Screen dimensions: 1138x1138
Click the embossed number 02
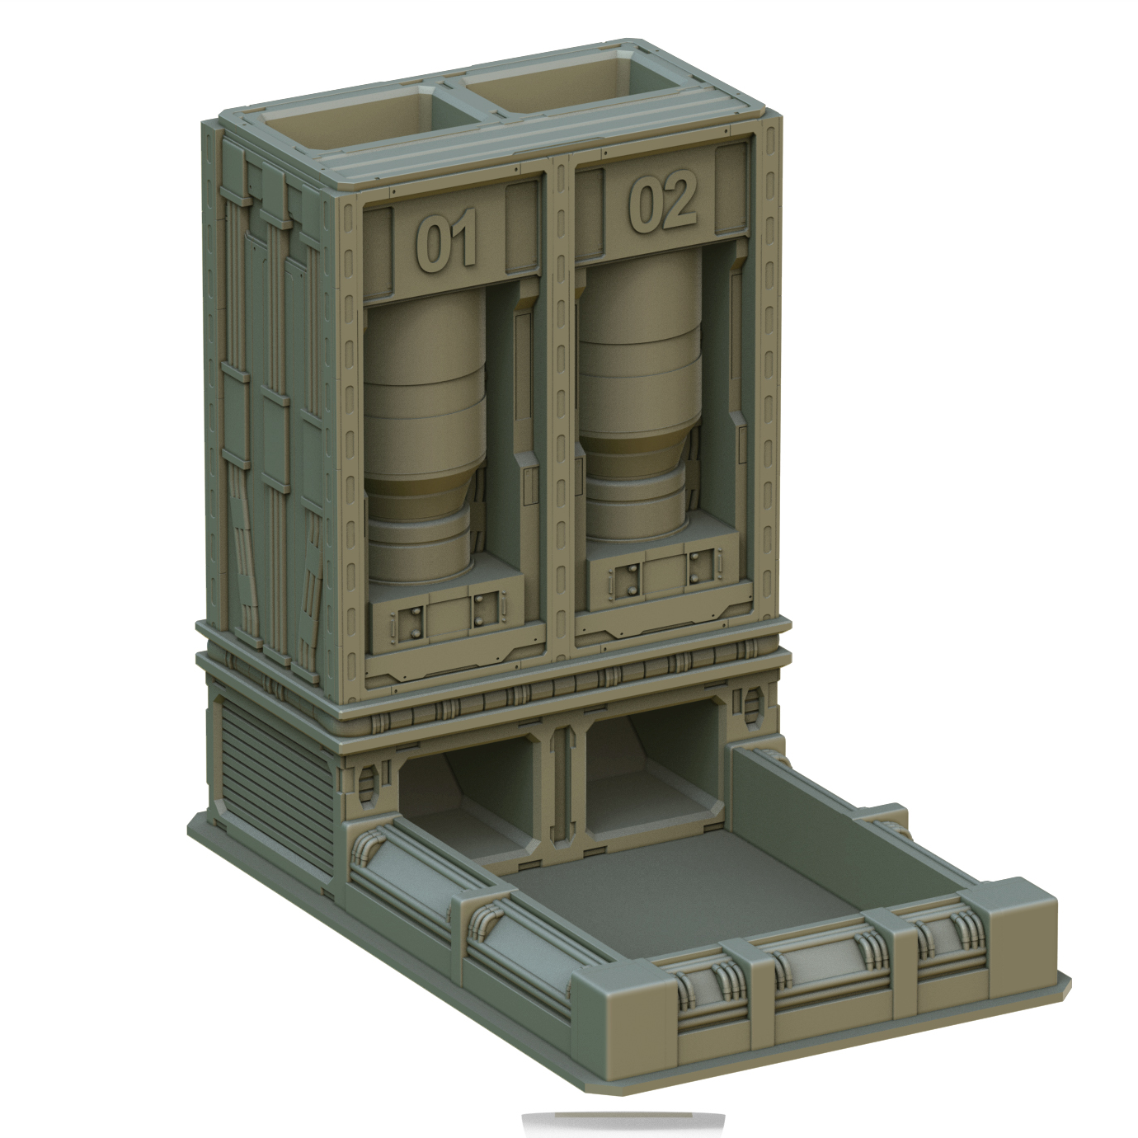662,203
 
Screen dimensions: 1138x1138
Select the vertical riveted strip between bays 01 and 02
562,412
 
